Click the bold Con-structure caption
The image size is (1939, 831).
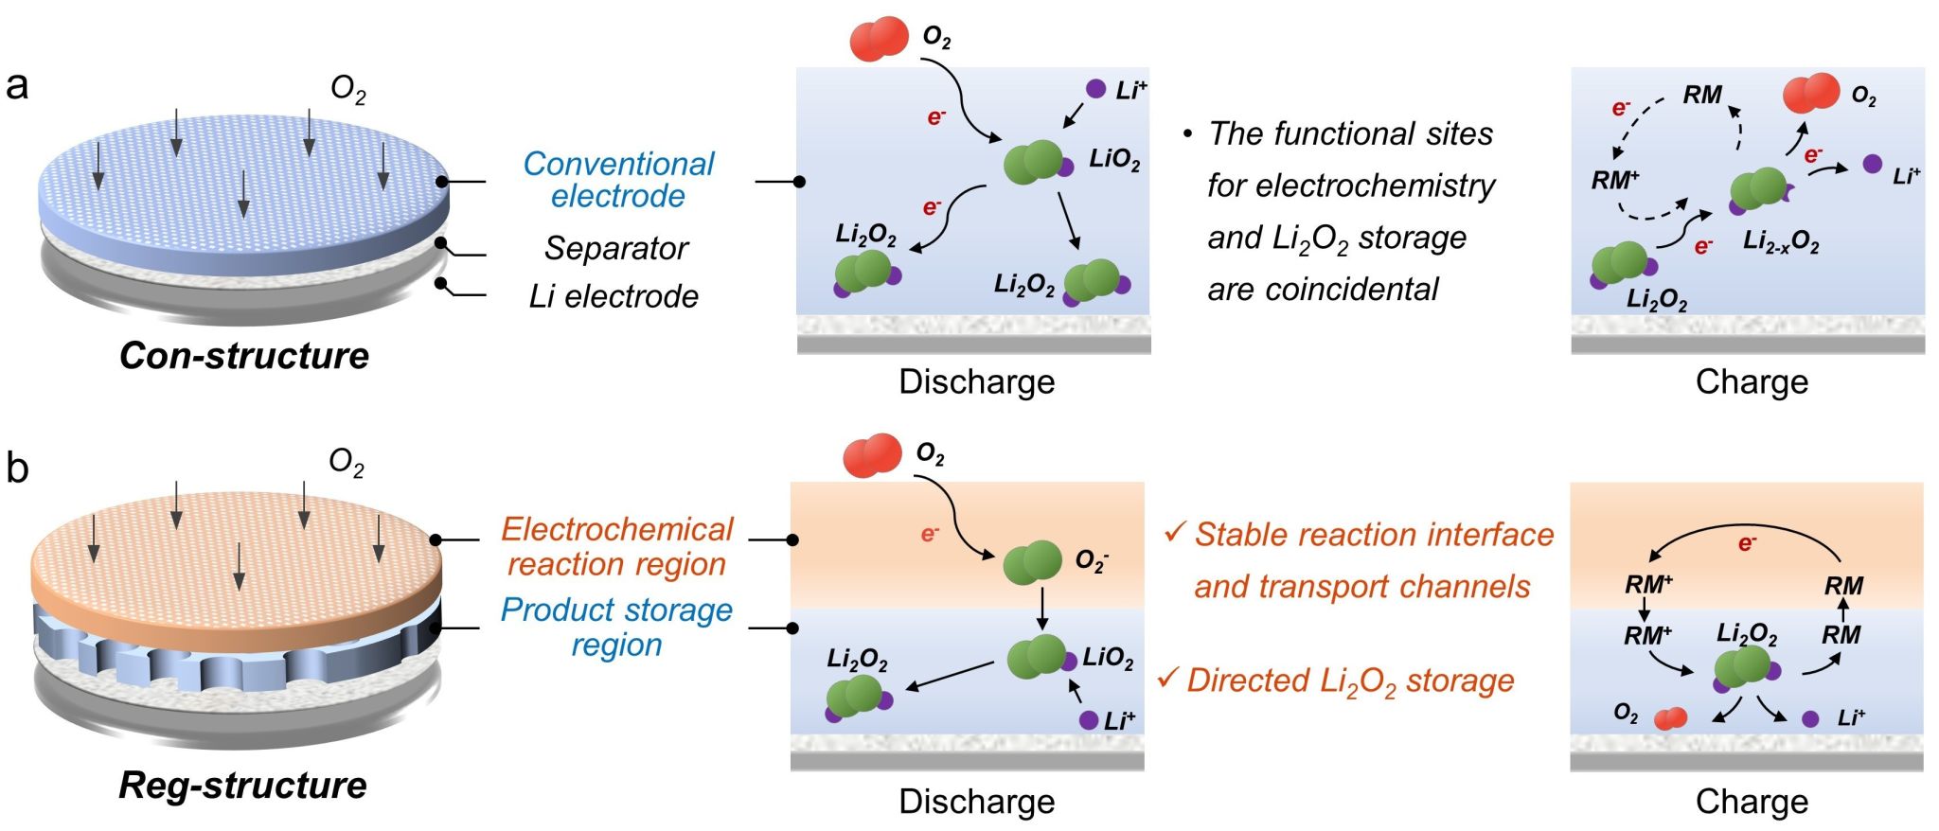point(244,356)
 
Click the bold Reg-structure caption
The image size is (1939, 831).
point(242,786)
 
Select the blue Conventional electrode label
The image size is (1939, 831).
point(618,180)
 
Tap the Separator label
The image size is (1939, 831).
point(615,248)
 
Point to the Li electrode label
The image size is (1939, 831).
point(614,297)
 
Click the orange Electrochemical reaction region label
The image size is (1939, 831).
point(617,546)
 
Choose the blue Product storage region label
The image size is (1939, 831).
point(616,627)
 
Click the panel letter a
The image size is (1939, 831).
point(17,85)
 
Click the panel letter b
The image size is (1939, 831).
point(17,468)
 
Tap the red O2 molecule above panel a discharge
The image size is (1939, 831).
point(880,40)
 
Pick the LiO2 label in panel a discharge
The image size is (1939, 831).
point(1114,159)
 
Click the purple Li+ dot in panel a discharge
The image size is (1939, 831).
point(1095,89)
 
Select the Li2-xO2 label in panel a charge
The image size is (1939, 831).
point(1781,242)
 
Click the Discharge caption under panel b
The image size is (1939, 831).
point(976,802)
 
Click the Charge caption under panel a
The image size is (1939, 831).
point(1752,381)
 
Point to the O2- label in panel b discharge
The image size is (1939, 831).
point(1092,561)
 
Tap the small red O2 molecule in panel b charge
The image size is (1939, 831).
point(1670,719)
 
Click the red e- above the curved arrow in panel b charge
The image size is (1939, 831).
point(1747,543)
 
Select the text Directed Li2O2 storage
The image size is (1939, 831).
point(1350,681)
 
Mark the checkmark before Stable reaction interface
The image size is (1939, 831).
point(1174,533)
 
